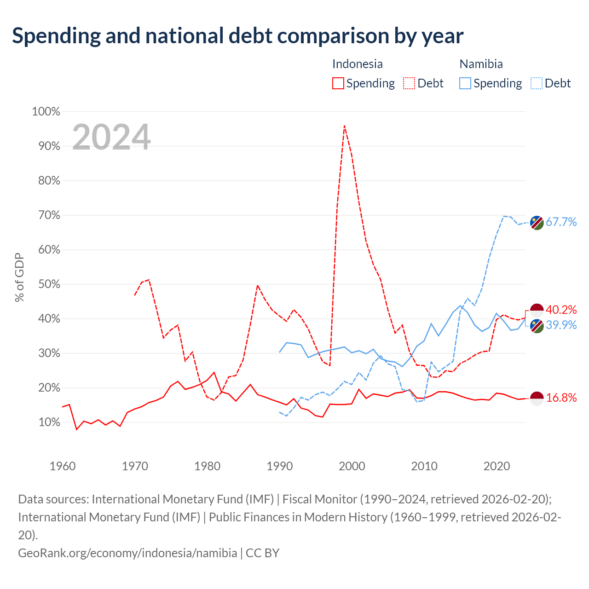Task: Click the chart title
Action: tap(237, 36)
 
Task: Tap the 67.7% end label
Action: tap(561, 222)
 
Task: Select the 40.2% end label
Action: tap(561, 310)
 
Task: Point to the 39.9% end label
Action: tap(561, 325)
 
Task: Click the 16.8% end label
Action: tap(561, 398)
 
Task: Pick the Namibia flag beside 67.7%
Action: tap(537, 223)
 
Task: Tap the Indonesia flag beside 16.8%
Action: tap(537, 398)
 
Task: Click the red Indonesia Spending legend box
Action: tap(338, 83)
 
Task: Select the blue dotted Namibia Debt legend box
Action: tap(537, 83)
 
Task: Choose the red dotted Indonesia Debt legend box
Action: tap(409, 83)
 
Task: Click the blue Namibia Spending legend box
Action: tap(465, 83)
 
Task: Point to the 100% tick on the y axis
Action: tap(46, 111)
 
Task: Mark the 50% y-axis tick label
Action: tap(49, 284)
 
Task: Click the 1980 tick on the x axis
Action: tap(207, 466)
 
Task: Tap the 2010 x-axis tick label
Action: tap(424, 466)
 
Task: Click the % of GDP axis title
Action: tap(19, 277)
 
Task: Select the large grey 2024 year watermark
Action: tap(111, 137)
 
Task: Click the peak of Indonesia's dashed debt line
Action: tap(345, 126)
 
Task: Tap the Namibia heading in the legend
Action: tap(481, 64)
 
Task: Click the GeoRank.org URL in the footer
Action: tap(127, 553)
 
